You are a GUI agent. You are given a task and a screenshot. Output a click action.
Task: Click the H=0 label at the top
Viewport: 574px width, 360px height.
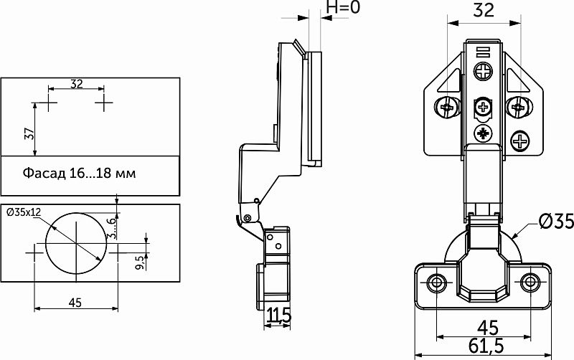point(343,7)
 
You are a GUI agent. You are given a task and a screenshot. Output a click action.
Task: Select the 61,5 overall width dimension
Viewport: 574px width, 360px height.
point(486,346)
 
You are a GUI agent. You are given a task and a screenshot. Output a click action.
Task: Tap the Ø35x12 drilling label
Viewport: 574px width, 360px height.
point(24,212)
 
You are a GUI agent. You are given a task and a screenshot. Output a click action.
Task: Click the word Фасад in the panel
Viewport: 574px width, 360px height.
point(44,173)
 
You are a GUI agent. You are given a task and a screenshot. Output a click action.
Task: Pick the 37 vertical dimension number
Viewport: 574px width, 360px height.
point(29,134)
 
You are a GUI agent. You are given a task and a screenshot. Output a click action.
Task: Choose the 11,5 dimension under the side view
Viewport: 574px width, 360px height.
point(278,315)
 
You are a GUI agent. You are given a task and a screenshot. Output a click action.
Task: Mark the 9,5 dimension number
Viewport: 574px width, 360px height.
point(139,262)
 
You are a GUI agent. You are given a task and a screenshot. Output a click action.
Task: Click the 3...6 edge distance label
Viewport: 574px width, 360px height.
point(112,227)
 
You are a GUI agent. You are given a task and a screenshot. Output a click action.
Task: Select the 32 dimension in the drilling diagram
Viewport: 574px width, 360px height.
point(77,84)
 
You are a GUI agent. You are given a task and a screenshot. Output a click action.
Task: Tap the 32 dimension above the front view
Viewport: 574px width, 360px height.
point(484,10)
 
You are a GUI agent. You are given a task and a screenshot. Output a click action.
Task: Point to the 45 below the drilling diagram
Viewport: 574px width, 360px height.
point(75,303)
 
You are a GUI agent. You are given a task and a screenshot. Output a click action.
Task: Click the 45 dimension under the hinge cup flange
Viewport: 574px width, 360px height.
point(488,328)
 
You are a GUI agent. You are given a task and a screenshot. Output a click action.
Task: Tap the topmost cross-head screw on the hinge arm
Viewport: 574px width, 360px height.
point(483,71)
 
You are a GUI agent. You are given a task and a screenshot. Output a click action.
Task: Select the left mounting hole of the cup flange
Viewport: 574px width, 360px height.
point(436,282)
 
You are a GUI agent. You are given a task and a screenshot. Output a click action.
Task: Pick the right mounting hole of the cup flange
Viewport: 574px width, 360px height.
point(530,282)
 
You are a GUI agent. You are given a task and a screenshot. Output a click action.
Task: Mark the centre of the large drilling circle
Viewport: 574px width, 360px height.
point(76,243)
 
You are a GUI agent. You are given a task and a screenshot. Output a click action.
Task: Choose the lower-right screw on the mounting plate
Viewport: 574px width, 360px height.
point(519,141)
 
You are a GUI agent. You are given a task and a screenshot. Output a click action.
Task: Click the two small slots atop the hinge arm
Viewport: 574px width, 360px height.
point(483,51)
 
